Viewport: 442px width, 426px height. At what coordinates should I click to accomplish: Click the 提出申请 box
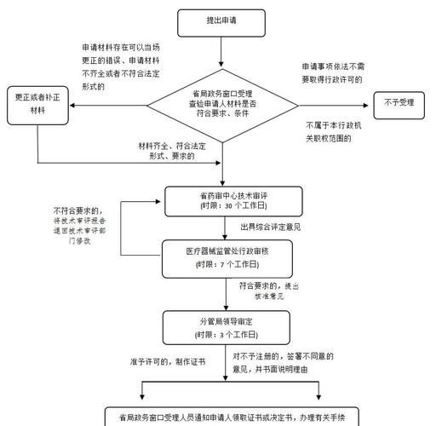click(221, 20)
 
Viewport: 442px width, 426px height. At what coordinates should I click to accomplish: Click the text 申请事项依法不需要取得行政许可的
click(332, 72)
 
